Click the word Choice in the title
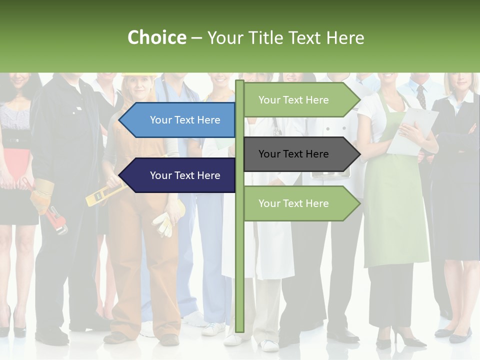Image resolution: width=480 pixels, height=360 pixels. [156, 38]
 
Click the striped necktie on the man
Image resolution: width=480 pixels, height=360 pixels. [421, 96]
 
